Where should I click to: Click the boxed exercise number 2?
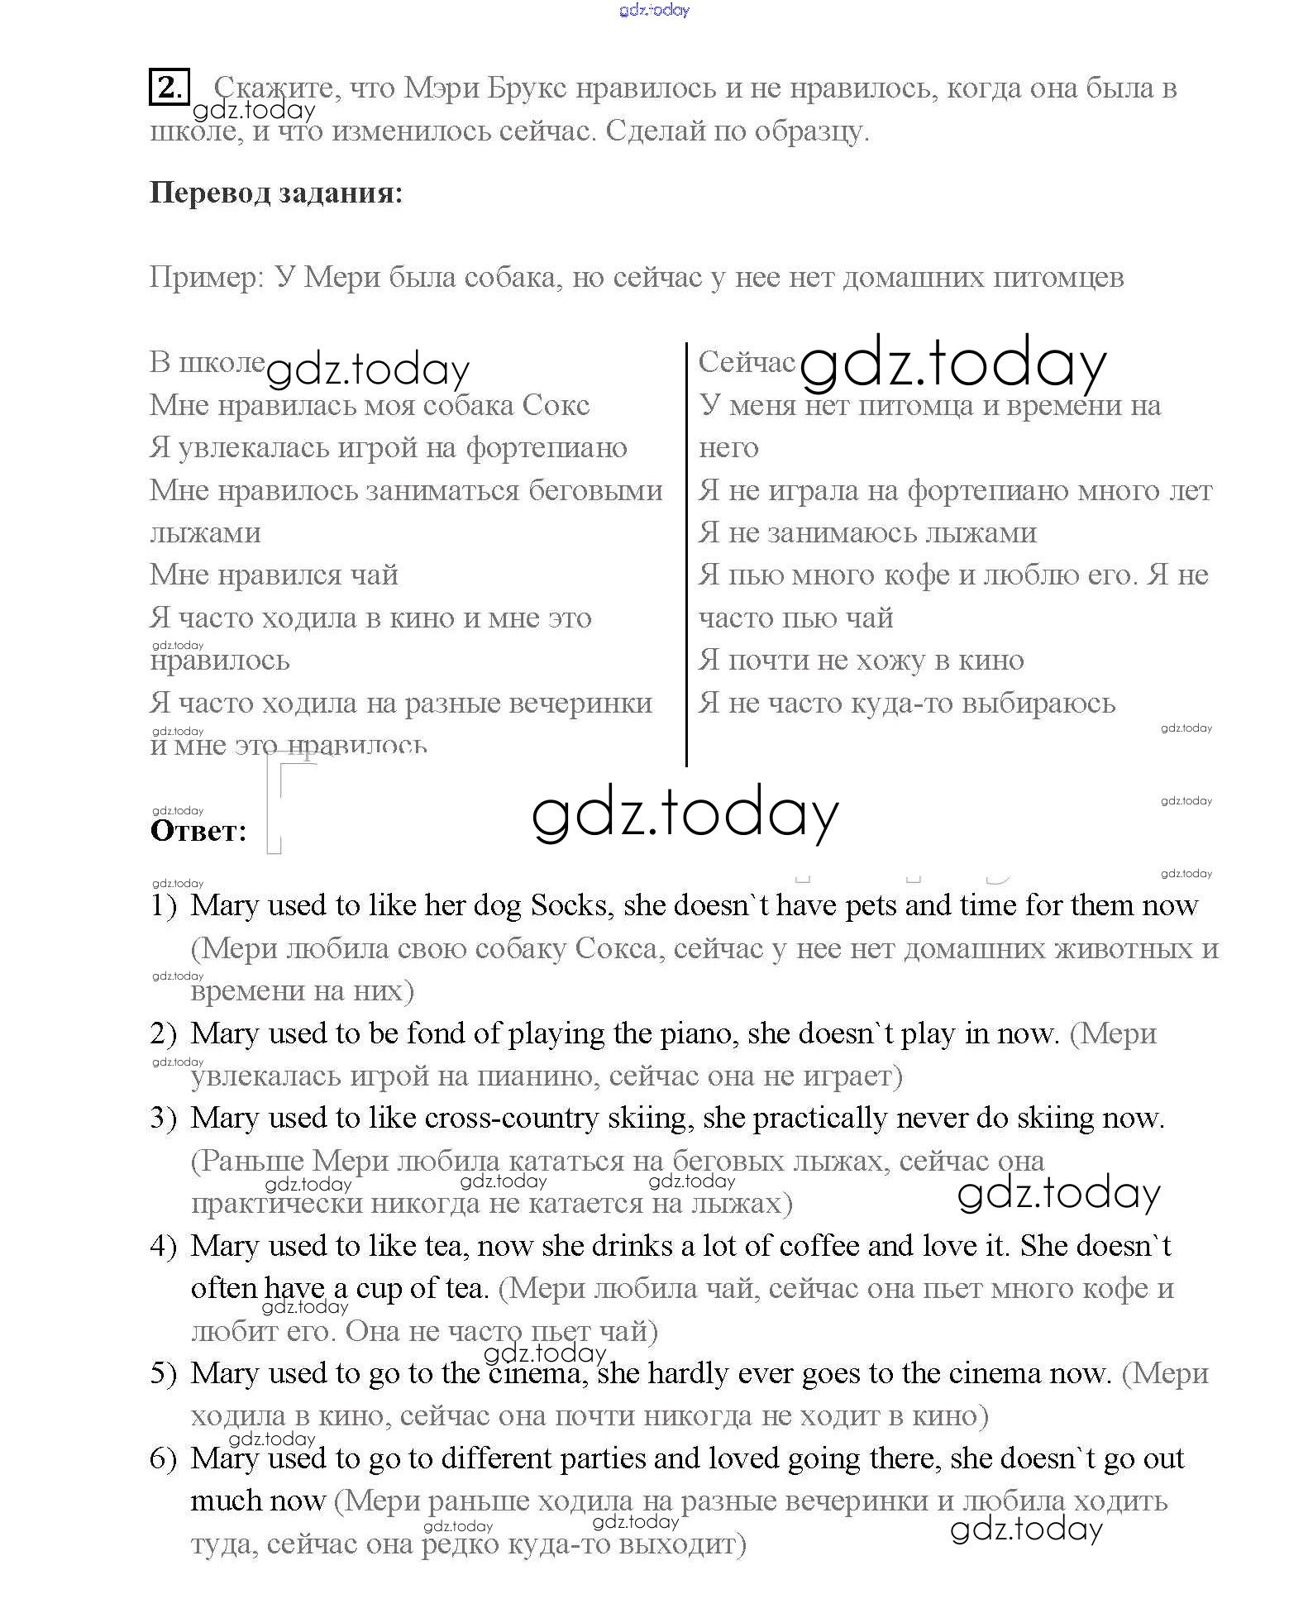[169, 87]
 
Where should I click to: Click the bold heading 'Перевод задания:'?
[276, 193]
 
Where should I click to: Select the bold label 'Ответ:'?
[198, 831]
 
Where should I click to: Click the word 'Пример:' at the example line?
[206, 278]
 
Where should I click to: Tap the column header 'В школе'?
[207, 362]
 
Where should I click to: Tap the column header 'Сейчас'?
[746, 362]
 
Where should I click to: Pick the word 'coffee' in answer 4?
[819, 1245]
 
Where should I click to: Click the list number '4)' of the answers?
[164, 1246]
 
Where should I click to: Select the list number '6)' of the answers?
[164, 1458]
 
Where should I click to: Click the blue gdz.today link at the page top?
[653, 11]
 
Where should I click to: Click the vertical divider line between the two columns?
[686, 554]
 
